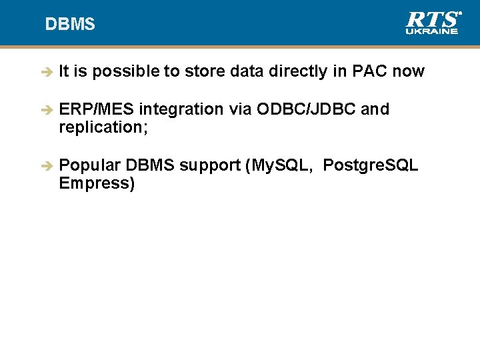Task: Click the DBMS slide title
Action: click(70, 25)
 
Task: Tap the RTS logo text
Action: click(432, 19)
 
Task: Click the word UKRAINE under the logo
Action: click(432, 31)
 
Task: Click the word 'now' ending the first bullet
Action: click(408, 71)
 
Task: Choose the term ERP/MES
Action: click(97, 109)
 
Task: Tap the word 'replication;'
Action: click(103, 127)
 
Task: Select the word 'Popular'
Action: click(90, 165)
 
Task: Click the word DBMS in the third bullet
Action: click(151, 165)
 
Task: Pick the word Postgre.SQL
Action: click(371, 166)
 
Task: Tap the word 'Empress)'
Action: click(97, 183)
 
